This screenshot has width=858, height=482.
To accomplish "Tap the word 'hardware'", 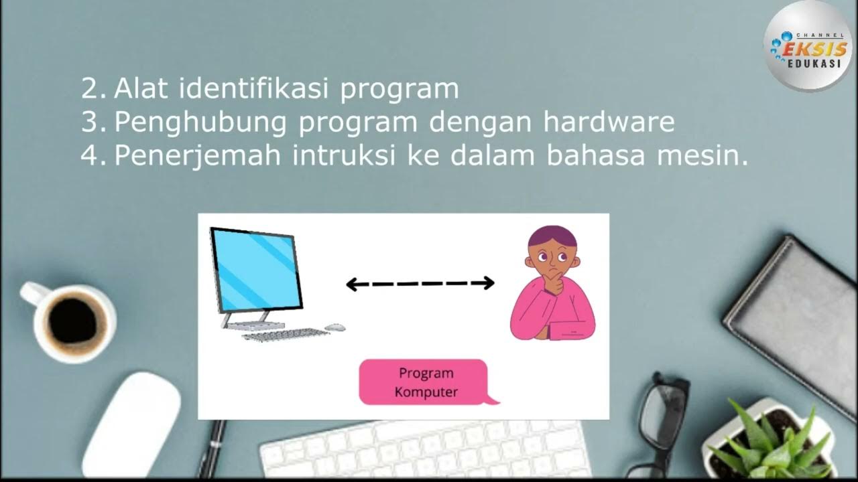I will click(609, 123).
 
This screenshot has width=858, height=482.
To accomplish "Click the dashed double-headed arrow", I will click(420, 283).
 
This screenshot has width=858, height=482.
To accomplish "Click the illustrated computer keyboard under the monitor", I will click(285, 333).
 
